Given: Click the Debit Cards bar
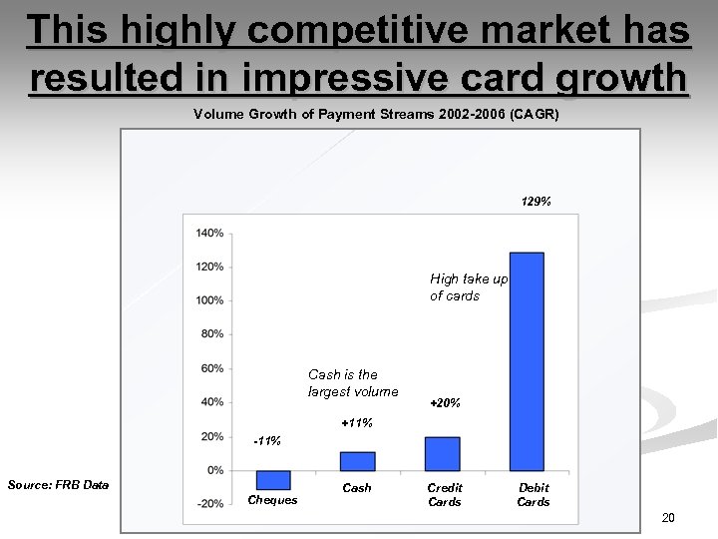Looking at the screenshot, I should pyautogui.click(x=527, y=360).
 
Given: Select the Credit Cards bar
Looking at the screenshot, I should pyautogui.click(x=442, y=453).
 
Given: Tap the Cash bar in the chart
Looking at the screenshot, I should pyautogui.click(x=357, y=460).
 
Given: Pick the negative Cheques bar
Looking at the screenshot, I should pyautogui.click(x=272, y=479).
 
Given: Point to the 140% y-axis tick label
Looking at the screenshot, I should pyautogui.click(x=209, y=233).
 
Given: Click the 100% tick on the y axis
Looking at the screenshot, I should pyautogui.click(x=209, y=300).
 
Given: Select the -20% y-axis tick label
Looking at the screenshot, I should pyautogui.click(x=209, y=504).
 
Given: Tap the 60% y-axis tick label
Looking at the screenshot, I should pyautogui.click(x=211, y=368).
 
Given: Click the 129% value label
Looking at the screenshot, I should pyautogui.click(x=536, y=202).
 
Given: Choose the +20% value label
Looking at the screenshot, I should pyautogui.click(x=444, y=403).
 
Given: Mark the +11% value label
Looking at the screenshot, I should pyautogui.click(x=356, y=423).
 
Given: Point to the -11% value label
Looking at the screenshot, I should pyautogui.click(x=267, y=440).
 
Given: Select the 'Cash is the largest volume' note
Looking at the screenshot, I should pyautogui.click(x=353, y=383).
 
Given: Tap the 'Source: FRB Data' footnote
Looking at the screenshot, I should pyautogui.click(x=58, y=485).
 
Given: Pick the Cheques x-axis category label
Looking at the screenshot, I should pyautogui.click(x=272, y=500).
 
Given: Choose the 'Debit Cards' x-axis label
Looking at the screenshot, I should pyautogui.click(x=533, y=495).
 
